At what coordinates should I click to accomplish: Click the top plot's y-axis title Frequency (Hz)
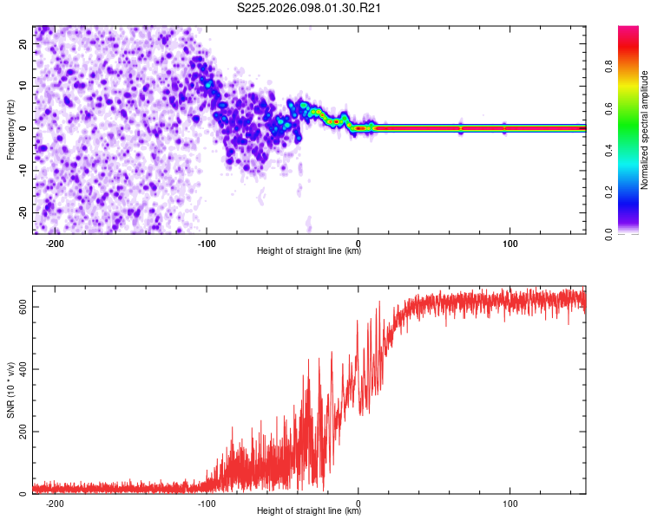(x=10, y=129)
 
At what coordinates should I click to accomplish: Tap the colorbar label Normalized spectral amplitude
(x=645, y=130)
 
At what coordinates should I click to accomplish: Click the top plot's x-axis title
(x=309, y=251)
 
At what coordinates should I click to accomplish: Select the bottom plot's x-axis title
(x=309, y=512)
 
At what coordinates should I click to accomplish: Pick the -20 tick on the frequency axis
(x=23, y=212)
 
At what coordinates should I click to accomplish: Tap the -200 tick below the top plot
(x=55, y=243)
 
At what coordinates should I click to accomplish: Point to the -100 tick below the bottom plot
(x=206, y=504)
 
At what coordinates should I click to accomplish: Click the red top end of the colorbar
(x=628, y=30)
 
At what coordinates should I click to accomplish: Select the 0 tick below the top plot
(x=358, y=243)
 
